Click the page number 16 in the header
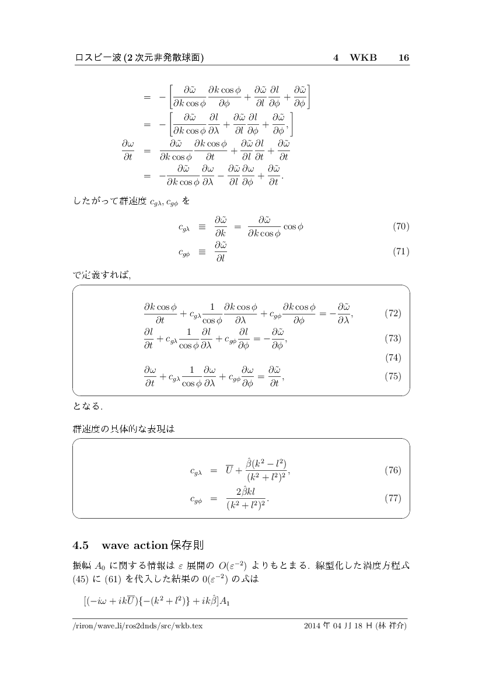coord(403,58)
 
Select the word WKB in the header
coord(363,58)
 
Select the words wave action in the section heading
coord(134,546)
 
